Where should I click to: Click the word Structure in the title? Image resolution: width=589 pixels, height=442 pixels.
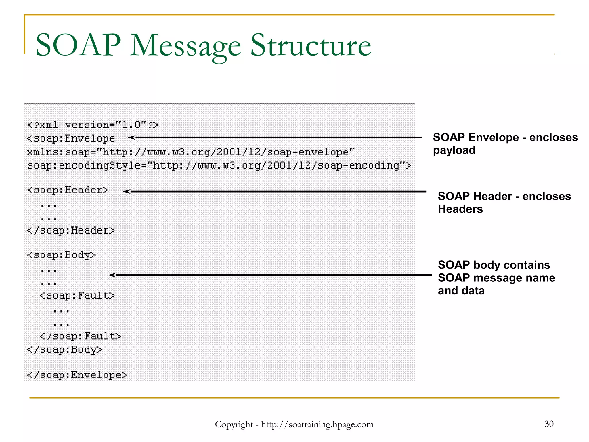[311, 45]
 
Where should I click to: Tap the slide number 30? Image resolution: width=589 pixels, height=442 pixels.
[549, 424]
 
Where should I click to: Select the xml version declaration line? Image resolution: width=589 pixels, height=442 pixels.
[93, 125]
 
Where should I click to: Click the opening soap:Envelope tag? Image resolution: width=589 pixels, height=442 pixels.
[71, 138]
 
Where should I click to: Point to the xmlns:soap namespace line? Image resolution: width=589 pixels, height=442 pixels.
[190, 152]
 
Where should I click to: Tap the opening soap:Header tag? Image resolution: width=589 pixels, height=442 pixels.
[68, 190]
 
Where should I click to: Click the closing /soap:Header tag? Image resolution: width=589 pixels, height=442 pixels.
[71, 230]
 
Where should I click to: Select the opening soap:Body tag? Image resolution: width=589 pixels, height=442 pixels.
[61, 255]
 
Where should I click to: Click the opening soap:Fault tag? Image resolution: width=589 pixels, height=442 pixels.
[77, 296]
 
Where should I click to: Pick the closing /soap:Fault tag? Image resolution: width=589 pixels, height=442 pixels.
[80, 336]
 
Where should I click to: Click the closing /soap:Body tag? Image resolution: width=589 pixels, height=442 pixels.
[64, 350]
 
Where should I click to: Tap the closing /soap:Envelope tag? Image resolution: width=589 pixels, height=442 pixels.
[77, 375]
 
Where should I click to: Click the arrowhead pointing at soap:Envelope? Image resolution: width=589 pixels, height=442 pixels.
[132, 138]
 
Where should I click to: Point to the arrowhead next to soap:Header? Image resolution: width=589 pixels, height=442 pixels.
[127, 191]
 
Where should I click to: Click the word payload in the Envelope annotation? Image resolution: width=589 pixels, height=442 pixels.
[454, 150]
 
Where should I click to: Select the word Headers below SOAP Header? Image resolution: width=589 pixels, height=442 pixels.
[460, 209]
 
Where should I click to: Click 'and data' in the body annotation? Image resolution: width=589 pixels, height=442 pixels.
[461, 291]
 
